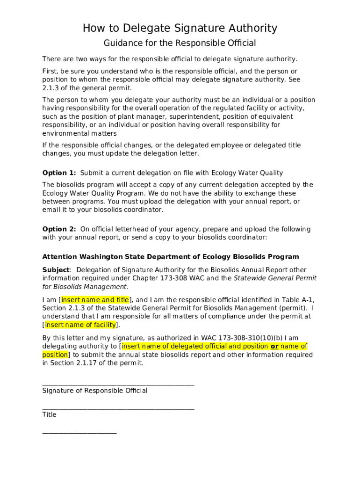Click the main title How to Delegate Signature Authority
180,29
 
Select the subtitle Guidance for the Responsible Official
180,44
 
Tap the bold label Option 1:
59,173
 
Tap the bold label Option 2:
59,229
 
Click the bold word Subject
56,270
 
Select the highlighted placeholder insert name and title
95,300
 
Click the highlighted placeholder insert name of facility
80,325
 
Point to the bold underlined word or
274,347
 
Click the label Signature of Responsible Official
94,391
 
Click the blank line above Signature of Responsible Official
118,384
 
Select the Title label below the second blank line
49,415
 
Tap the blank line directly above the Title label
118,408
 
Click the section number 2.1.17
86,363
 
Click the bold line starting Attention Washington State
171,257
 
